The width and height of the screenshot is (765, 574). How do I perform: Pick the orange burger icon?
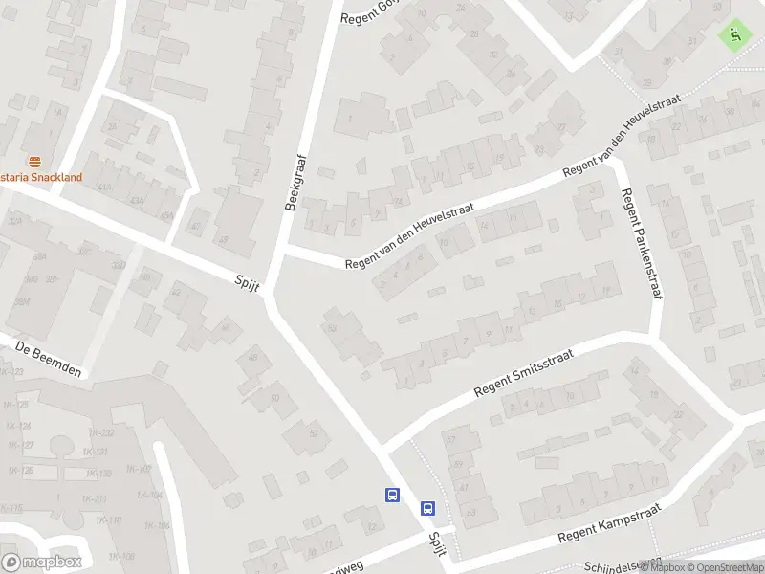[x=35, y=161]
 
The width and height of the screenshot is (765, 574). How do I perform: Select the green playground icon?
[x=734, y=35]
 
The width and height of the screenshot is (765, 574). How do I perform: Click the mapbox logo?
[x=41, y=563]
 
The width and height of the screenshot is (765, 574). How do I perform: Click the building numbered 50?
[x=275, y=399]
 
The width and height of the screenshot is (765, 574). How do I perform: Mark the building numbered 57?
[x=450, y=439]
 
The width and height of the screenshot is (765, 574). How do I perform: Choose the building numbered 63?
[x=471, y=512]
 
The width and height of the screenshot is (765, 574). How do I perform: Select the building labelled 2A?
[x=113, y=127]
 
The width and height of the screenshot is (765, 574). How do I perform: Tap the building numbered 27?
[x=561, y=127]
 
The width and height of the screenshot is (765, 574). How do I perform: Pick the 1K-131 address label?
[x=94, y=452]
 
